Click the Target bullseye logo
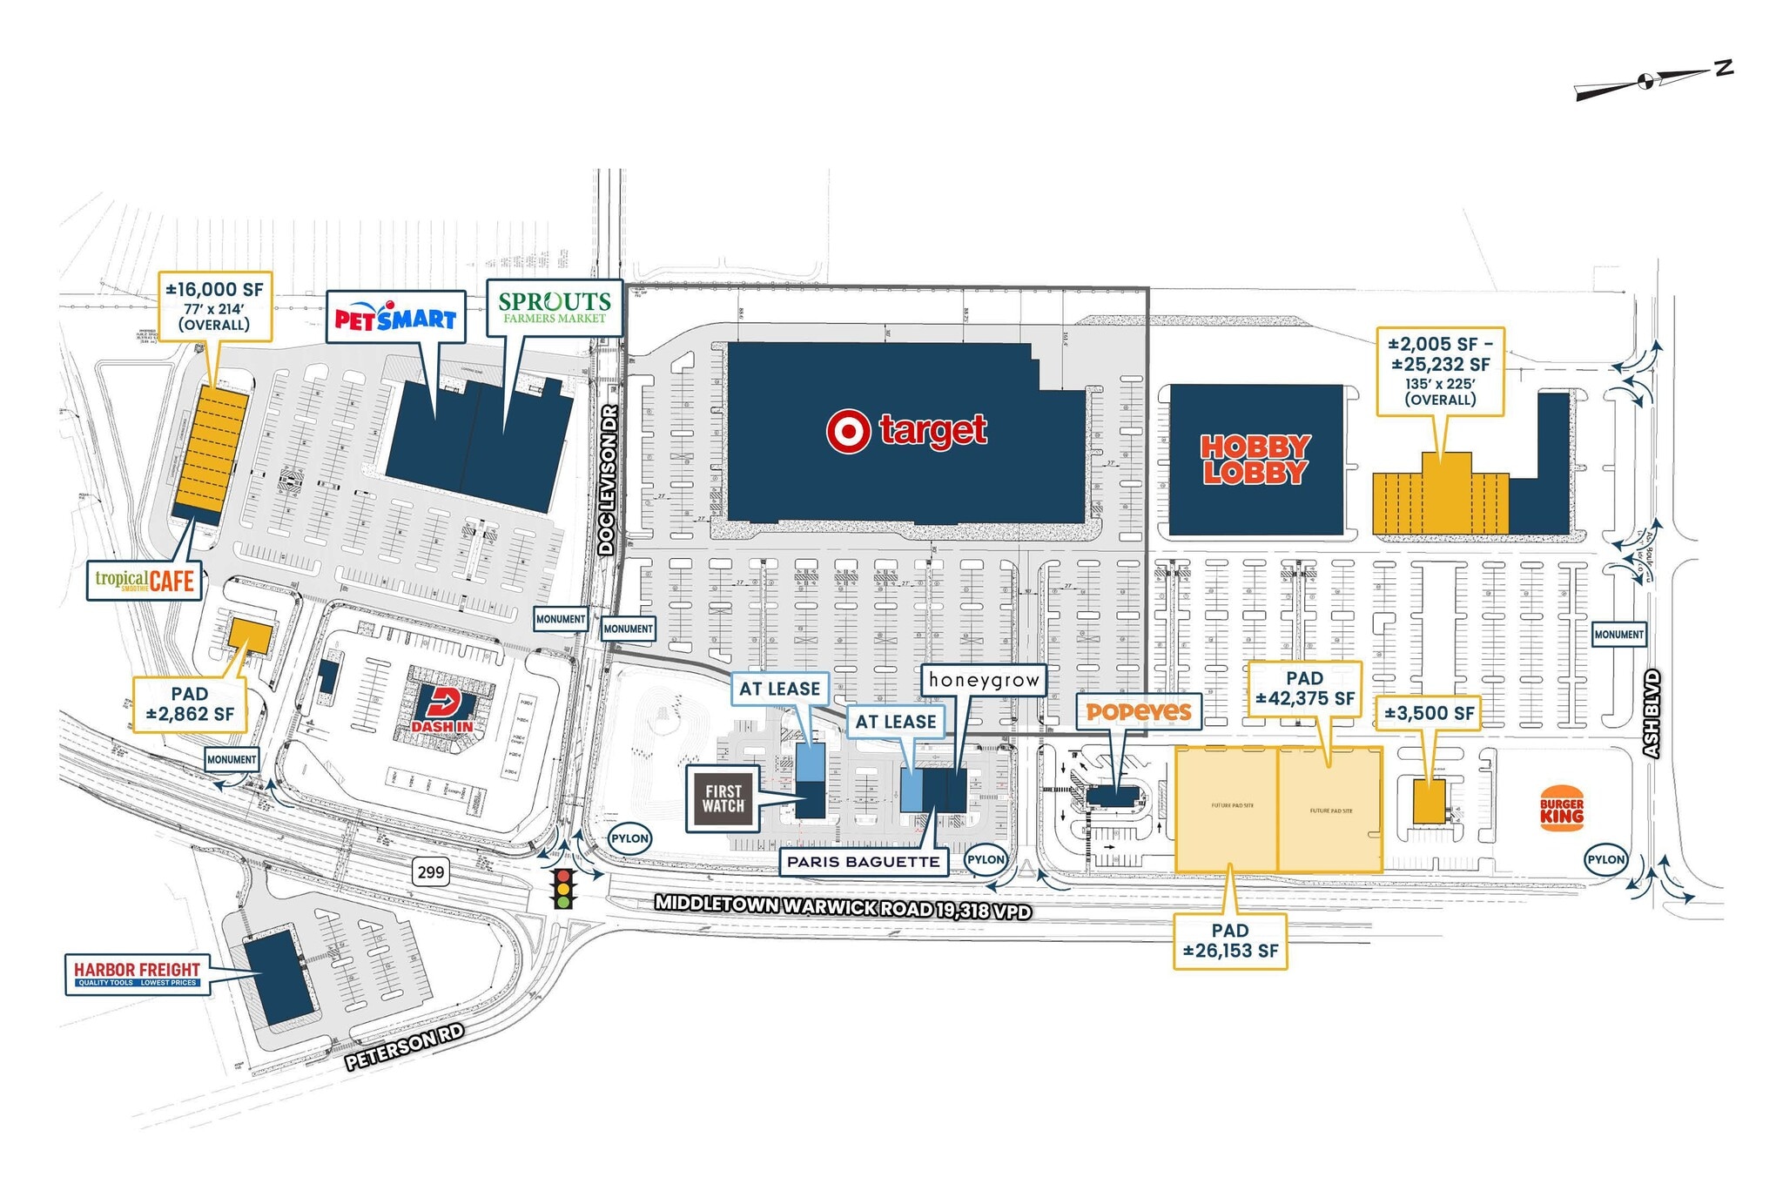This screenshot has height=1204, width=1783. [848, 432]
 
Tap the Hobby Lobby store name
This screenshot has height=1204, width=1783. [1255, 459]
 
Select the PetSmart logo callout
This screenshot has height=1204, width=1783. [395, 318]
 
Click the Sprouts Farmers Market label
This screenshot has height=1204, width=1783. [554, 307]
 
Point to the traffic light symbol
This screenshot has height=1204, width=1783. [564, 889]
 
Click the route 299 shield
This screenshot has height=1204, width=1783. [430, 871]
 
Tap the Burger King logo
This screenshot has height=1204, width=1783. [1562, 809]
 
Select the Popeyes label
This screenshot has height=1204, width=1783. [1138, 712]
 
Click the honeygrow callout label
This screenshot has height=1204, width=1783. [984, 680]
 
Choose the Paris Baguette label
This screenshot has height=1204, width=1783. [863, 862]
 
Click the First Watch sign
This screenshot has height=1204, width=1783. [723, 798]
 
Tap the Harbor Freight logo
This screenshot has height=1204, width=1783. [137, 973]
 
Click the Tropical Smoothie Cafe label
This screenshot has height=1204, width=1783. [145, 581]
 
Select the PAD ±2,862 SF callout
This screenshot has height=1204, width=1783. [190, 704]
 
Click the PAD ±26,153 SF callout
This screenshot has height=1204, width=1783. [1229, 941]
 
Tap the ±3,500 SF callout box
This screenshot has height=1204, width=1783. [1429, 714]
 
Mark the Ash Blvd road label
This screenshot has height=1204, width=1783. [1651, 713]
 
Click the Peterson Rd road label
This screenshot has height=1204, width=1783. [404, 1047]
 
